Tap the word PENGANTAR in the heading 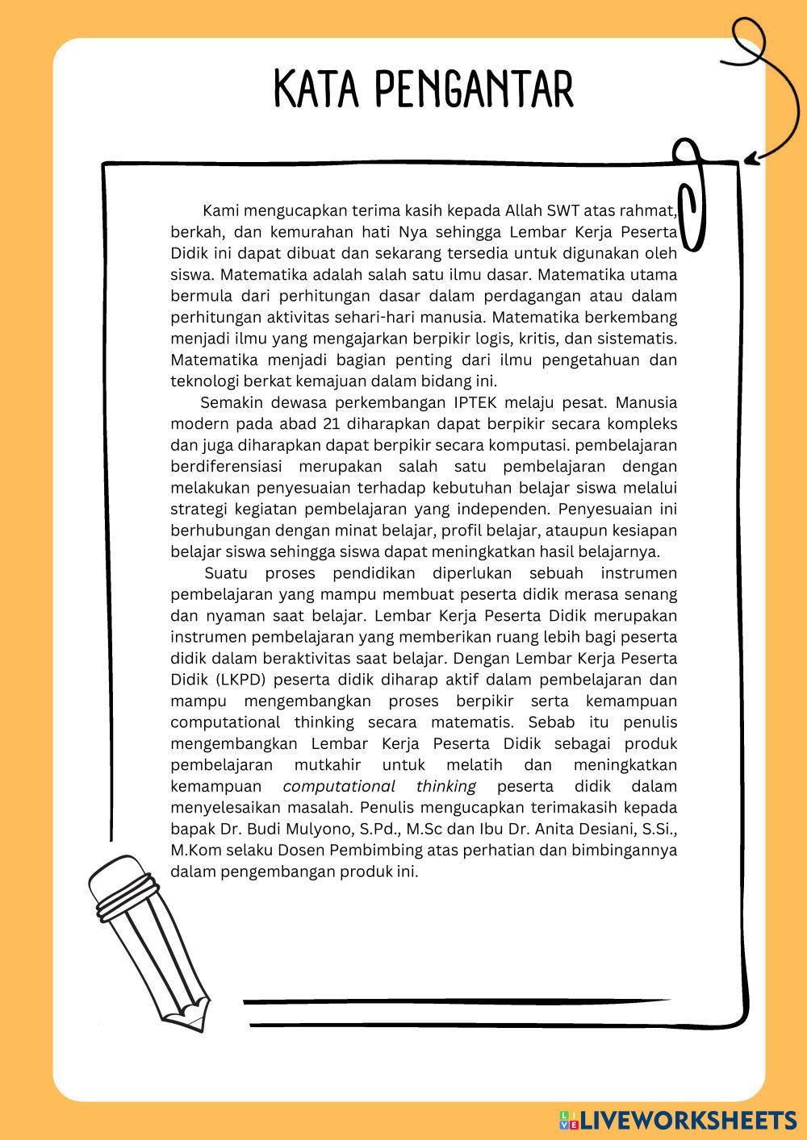474,89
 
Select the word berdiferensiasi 224,467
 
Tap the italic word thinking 445,786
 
